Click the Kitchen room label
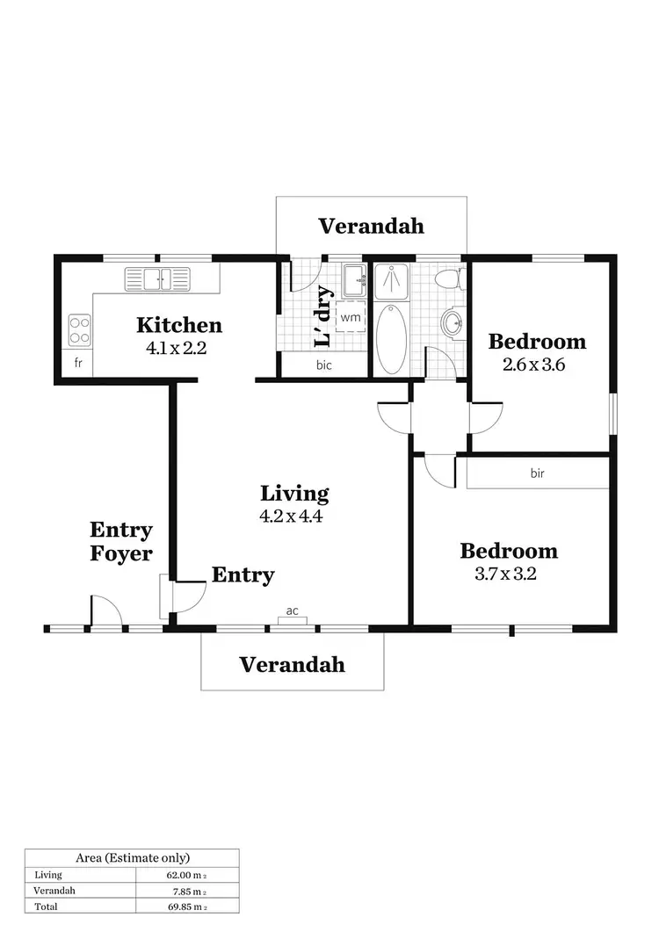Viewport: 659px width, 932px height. (179, 325)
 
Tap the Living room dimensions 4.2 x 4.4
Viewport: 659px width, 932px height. (292, 517)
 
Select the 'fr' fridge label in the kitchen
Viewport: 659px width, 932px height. (78, 363)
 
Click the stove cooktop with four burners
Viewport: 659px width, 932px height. (80, 330)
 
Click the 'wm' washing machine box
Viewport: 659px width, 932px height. (351, 316)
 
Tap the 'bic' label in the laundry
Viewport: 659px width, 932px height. (324, 365)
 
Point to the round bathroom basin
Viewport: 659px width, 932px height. (453, 323)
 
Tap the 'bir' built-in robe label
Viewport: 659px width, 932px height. (538, 473)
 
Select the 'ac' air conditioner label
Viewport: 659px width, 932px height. (292, 610)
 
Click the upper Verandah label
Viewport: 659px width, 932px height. (371, 226)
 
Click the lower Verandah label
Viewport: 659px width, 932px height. (293, 664)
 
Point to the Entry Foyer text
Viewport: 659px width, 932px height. (121, 542)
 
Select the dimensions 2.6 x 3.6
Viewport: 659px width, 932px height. (533, 365)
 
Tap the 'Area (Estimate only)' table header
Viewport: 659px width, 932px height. (133, 857)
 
